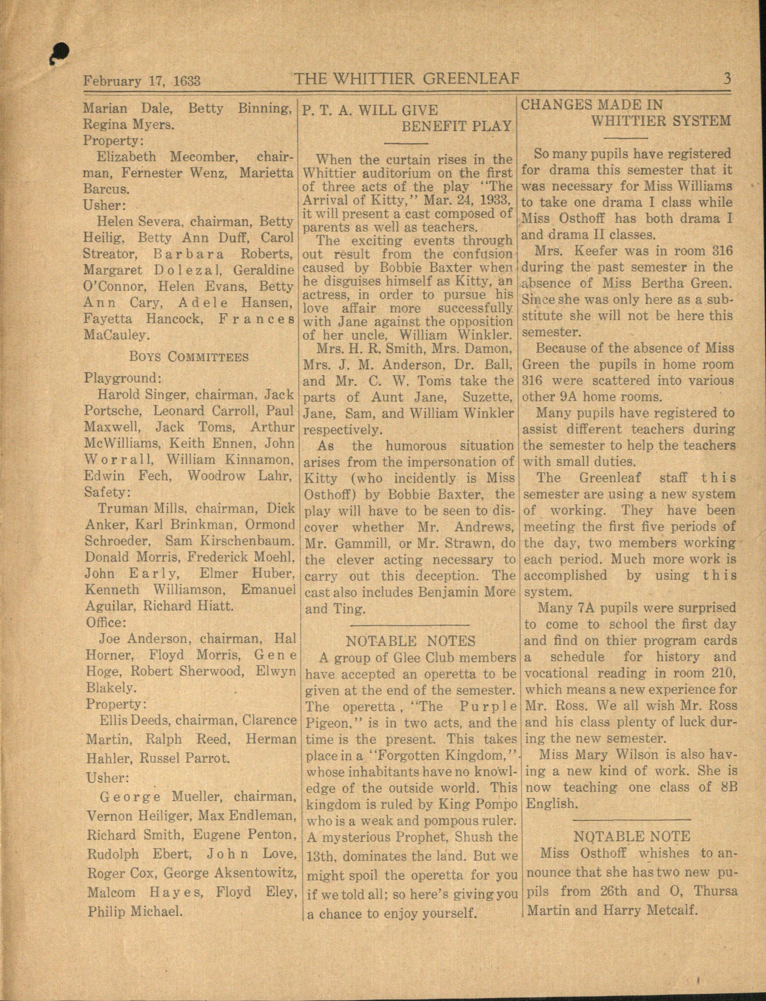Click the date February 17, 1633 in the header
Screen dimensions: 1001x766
point(141,81)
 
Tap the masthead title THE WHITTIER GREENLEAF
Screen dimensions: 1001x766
point(407,79)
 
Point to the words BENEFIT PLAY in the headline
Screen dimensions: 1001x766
point(456,126)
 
